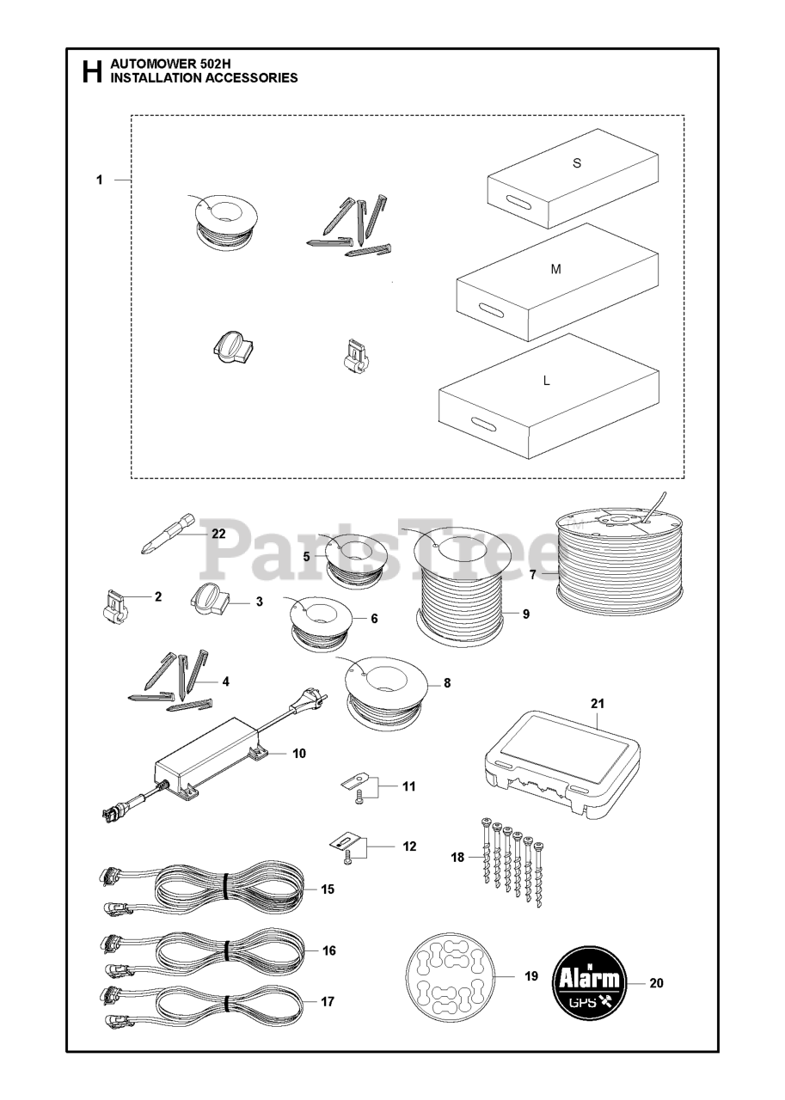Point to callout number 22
pyautogui.click(x=218, y=533)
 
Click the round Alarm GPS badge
pyautogui.click(x=589, y=983)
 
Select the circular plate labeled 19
pyautogui.click(x=448, y=975)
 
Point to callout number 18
pyautogui.click(x=457, y=857)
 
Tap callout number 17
pyautogui.click(x=328, y=1001)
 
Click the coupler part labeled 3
pyautogui.click(x=211, y=600)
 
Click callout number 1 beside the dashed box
pyautogui.click(x=100, y=180)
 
